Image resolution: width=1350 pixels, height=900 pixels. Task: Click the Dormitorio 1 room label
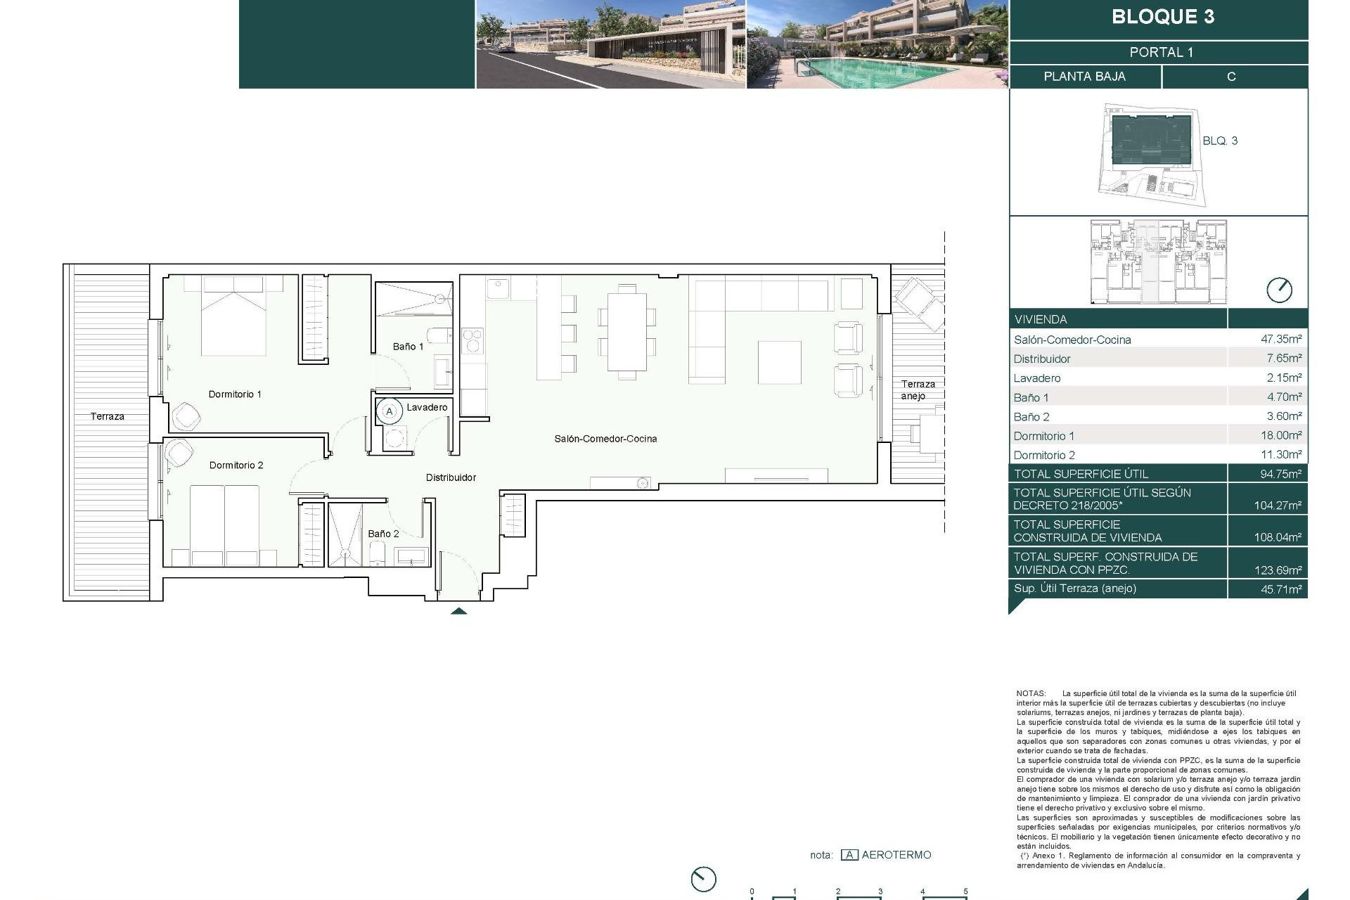coord(235,394)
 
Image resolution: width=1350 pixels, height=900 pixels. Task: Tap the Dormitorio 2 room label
coord(236,465)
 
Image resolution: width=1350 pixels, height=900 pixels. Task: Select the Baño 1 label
coord(408,347)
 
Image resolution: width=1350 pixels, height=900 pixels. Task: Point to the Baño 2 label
coord(383,534)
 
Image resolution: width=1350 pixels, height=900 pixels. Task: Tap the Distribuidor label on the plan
coord(451,477)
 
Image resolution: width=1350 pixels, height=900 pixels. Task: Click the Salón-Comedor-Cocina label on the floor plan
coord(605,439)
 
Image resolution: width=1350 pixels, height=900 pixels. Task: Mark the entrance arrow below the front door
coord(458,610)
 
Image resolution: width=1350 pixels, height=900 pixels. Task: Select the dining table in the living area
coord(626,331)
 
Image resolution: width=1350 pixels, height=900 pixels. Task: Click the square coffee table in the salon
coord(779,362)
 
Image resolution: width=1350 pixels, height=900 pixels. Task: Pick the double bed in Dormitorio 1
coord(233,316)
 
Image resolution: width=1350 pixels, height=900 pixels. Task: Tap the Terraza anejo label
coord(918,390)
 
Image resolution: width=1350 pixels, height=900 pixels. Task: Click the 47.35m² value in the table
coord(1280,339)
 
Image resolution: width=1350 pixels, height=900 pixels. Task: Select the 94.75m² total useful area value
coord(1280,474)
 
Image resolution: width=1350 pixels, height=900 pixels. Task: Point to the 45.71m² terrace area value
coord(1280,589)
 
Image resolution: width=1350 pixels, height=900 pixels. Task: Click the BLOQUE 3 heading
coord(1162,17)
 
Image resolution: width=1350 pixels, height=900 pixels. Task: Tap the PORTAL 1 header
coord(1161,52)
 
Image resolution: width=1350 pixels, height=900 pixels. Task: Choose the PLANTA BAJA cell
coord(1084,77)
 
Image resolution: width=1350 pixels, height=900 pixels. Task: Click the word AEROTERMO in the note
coord(896,855)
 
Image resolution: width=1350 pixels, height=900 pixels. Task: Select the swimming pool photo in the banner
coord(877,44)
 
